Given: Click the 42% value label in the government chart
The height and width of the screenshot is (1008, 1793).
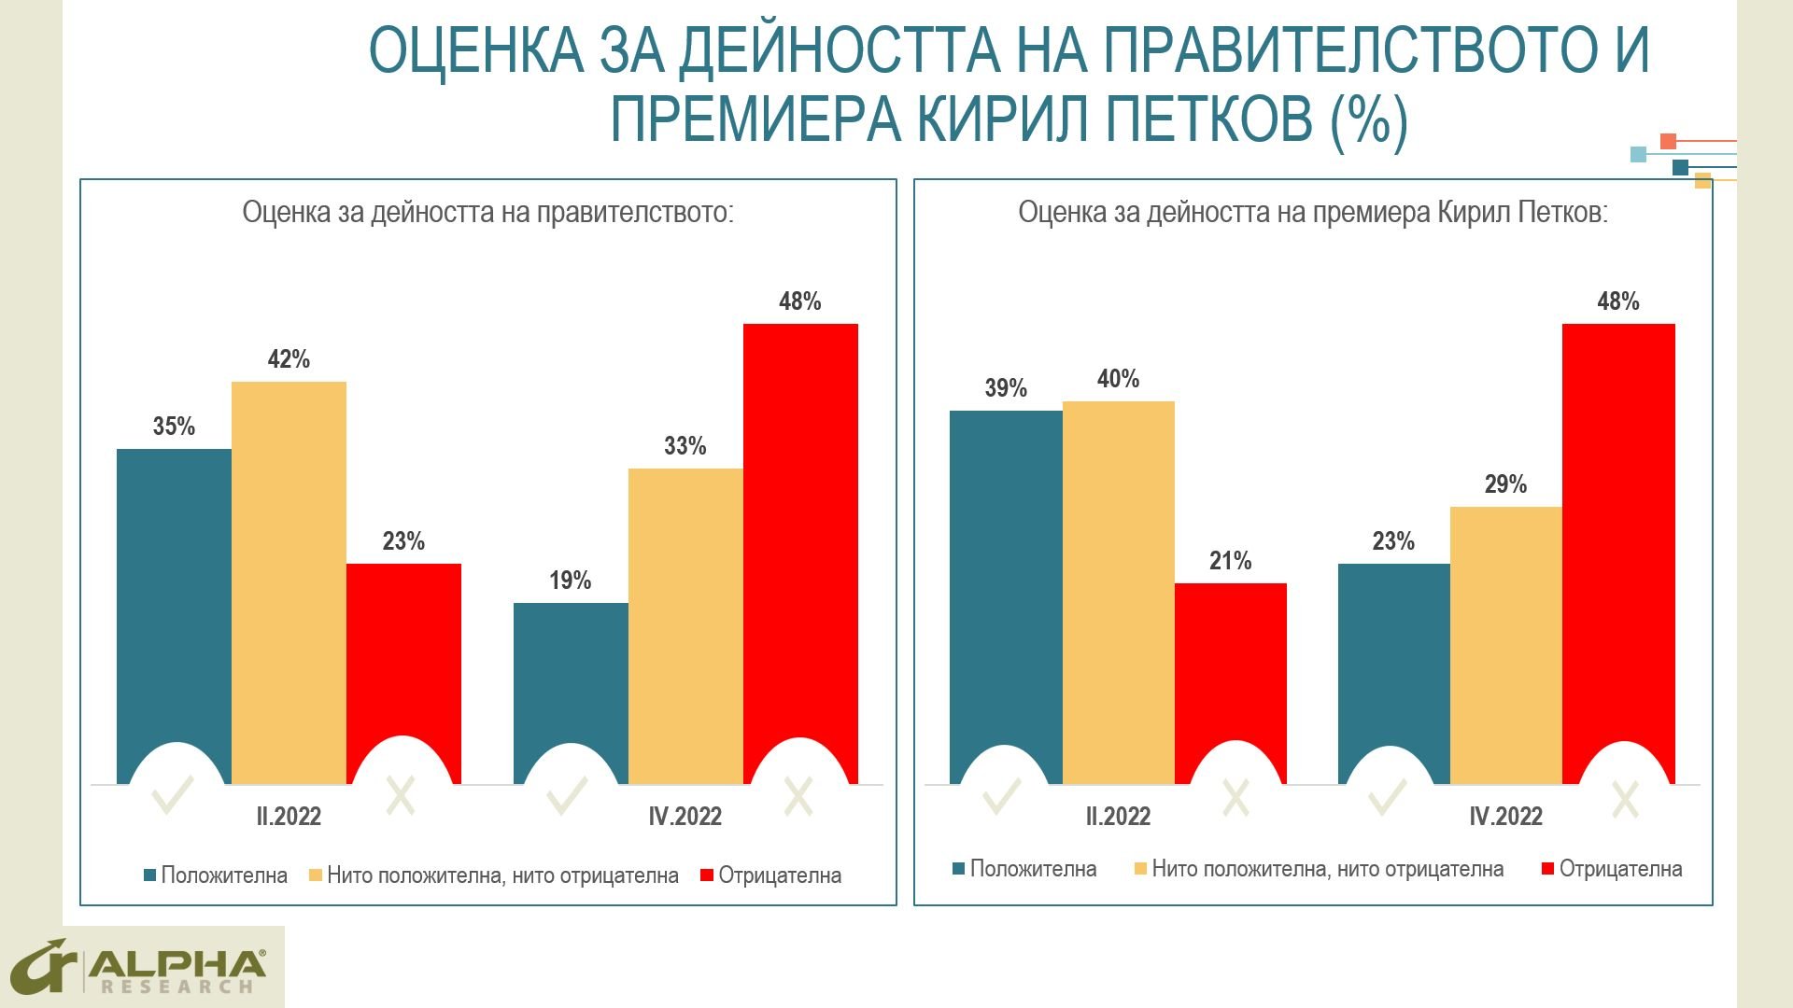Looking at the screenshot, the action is pyautogui.click(x=289, y=359).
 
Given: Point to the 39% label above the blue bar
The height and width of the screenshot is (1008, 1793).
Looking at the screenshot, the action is pyautogui.click(x=1006, y=388).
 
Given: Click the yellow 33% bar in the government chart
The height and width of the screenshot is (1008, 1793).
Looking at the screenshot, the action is pyautogui.click(x=685, y=625).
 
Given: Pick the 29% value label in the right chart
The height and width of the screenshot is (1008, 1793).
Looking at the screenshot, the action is pyautogui.click(x=1505, y=484).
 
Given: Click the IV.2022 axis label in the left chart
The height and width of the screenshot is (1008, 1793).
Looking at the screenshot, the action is pyautogui.click(x=685, y=817).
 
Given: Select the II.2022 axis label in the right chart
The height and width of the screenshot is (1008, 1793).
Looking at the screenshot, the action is pyautogui.click(x=1118, y=817).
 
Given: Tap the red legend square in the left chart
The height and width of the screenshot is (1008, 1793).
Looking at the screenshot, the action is pyautogui.click(x=707, y=875).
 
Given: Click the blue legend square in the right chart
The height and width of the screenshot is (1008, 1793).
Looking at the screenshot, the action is pyautogui.click(x=958, y=869).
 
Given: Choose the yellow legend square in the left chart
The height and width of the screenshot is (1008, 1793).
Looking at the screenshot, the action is pyautogui.click(x=316, y=875).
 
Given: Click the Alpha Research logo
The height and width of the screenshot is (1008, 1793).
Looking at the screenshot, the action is pyautogui.click(x=142, y=966).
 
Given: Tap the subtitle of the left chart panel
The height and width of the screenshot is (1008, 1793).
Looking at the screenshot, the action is pyautogui.click(x=488, y=213).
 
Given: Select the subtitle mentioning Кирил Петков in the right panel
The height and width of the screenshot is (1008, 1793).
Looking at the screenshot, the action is pyautogui.click(x=1313, y=213).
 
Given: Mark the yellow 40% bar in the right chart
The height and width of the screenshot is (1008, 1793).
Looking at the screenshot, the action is pyautogui.click(x=1118, y=593).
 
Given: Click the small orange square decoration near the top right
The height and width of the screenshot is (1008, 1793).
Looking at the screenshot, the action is pyautogui.click(x=1668, y=142).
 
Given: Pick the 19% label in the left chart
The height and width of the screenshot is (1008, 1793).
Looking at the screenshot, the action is pyautogui.click(x=571, y=581).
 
